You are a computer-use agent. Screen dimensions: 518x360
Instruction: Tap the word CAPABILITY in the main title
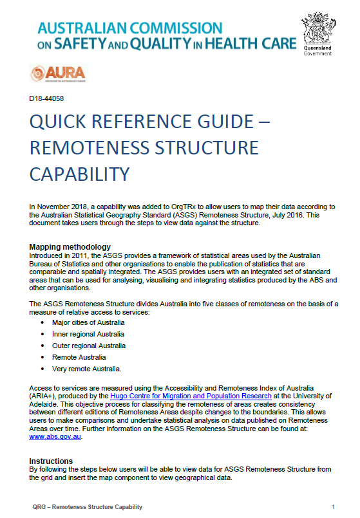coord(80,174)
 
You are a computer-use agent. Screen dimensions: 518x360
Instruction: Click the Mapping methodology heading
coord(70,247)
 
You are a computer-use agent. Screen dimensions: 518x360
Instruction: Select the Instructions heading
coord(51,461)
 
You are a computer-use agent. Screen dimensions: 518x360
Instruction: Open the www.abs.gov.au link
coord(55,436)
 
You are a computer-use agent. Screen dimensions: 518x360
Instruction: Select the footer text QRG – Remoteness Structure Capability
coord(86,507)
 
